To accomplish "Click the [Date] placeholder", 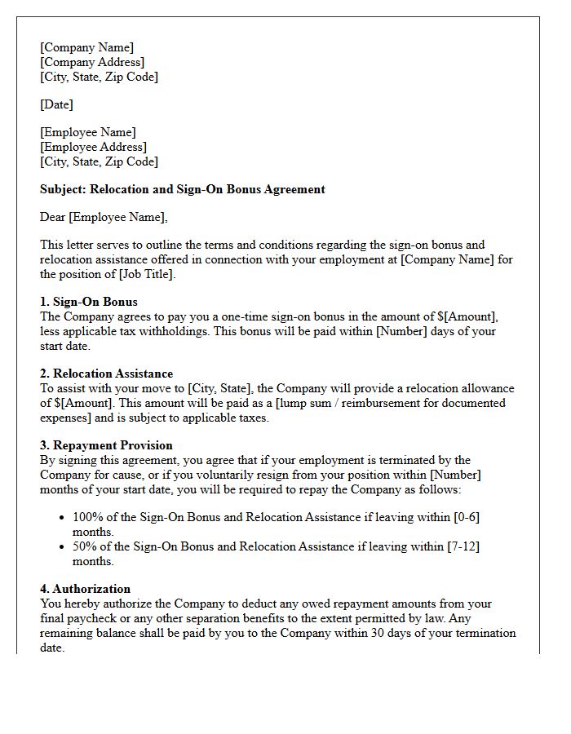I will pyautogui.click(x=56, y=104).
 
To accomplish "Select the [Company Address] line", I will pyautogui.click(x=92, y=62).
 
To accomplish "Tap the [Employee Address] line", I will pyautogui.click(x=93, y=147).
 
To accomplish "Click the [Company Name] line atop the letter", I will pyautogui.click(x=86, y=47).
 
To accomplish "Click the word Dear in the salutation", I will pyautogui.click(x=53, y=217).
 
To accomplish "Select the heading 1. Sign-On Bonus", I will pyautogui.click(x=89, y=302).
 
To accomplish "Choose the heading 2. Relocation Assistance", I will pyautogui.click(x=106, y=374).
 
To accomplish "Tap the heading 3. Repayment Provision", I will pyautogui.click(x=106, y=445).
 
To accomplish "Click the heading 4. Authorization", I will pyautogui.click(x=85, y=589).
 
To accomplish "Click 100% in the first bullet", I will pyautogui.click(x=86, y=517).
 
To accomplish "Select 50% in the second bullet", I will pyautogui.click(x=83, y=546).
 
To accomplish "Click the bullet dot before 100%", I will pyautogui.click(x=63, y=517).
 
